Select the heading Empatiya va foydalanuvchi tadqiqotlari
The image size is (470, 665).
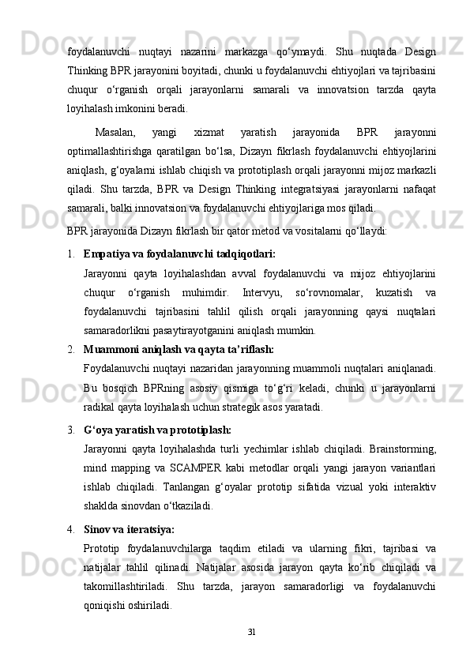(179, 254)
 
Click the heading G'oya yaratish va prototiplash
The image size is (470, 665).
(157, 430)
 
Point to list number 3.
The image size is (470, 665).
(70, 430)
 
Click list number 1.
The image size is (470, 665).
(70, 254)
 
